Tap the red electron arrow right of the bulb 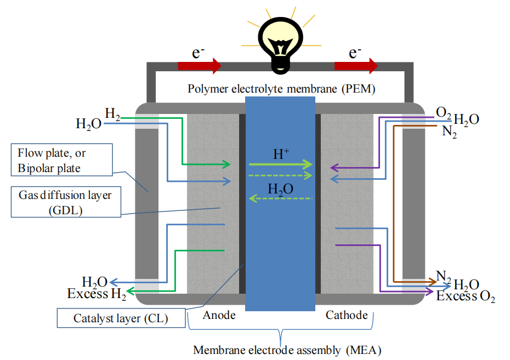point(356,66)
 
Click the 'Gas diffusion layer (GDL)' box point(65,202)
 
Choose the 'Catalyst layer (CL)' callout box point(121,318)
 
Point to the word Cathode point(347,315)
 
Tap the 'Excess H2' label point(97,294)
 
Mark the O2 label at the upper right point(444,113)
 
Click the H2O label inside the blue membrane point(280,189)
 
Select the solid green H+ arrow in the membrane point(280,164)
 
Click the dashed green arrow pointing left point(280,198)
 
